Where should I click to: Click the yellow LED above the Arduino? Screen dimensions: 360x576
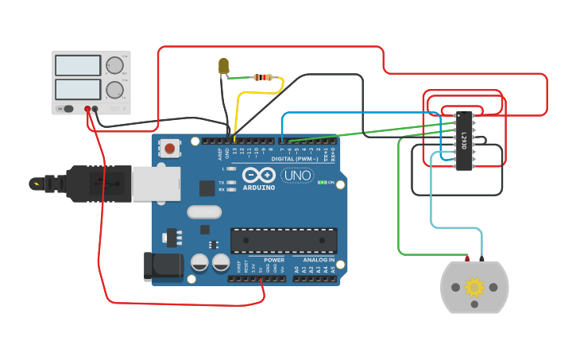223,67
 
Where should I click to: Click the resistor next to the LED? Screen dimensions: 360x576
263,78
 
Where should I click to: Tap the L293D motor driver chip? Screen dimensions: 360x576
463,141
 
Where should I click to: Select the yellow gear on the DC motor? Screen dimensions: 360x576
474,286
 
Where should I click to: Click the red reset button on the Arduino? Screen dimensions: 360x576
169,147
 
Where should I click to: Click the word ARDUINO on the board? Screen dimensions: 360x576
259,188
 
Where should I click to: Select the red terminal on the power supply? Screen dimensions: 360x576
87,109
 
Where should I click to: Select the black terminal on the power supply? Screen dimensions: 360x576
95,109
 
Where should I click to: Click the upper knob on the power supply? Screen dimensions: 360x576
114,65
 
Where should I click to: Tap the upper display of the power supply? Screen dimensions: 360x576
78,65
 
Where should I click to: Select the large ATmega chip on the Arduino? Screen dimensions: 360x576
284,241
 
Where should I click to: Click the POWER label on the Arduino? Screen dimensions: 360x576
274,260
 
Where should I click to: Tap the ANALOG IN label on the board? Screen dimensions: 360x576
319,260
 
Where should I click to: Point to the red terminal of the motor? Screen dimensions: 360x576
467,258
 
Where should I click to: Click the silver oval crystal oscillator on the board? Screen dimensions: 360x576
204,212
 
